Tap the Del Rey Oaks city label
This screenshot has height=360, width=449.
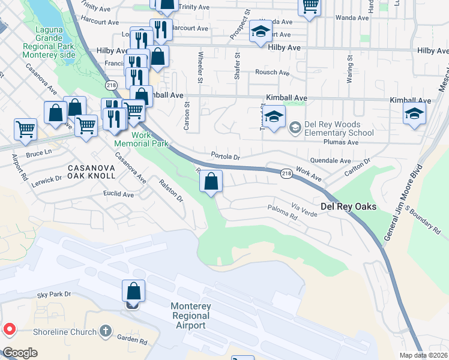(x=348, y=206)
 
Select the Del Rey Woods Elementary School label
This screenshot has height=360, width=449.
(x=339, y=128)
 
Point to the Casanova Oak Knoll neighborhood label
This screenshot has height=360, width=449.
(x=91, y=171)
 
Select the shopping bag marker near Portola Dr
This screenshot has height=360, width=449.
(x=211, y=181)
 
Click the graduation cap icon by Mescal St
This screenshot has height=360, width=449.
(x=414, y=113)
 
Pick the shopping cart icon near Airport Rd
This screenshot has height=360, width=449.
(x=26, y=129)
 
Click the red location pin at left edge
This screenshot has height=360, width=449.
(x=9, y=329)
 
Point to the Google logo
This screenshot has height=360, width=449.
(x=20, y=353)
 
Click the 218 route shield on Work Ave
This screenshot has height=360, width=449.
(x=286, y=172)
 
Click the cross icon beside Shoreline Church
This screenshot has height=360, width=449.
(x=106, y=331)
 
